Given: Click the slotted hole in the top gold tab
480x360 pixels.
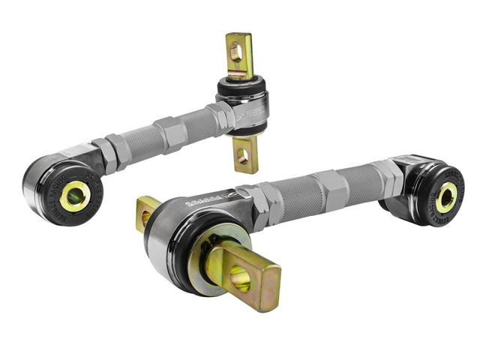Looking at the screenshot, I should tap(237, 52).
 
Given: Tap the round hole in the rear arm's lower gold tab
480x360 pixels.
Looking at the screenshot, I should tap(242, 156).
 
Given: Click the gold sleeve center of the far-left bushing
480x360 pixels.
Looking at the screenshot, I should tap(75, 196).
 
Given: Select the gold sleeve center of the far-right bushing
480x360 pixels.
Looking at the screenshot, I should tap(445, 197).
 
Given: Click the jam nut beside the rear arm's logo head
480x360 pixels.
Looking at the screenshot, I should tap(219, 118).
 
